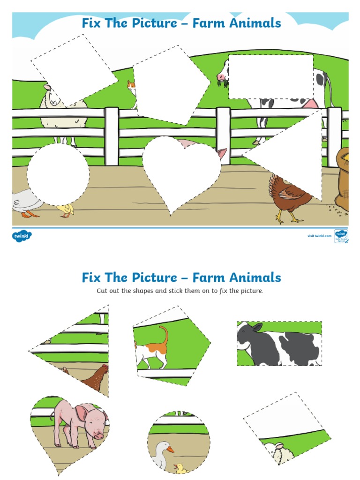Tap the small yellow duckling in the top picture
[x=66, y=210]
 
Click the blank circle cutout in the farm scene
[x=58, y=174]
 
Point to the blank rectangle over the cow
[x=270, y=76]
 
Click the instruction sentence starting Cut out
[x=180, y=291]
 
